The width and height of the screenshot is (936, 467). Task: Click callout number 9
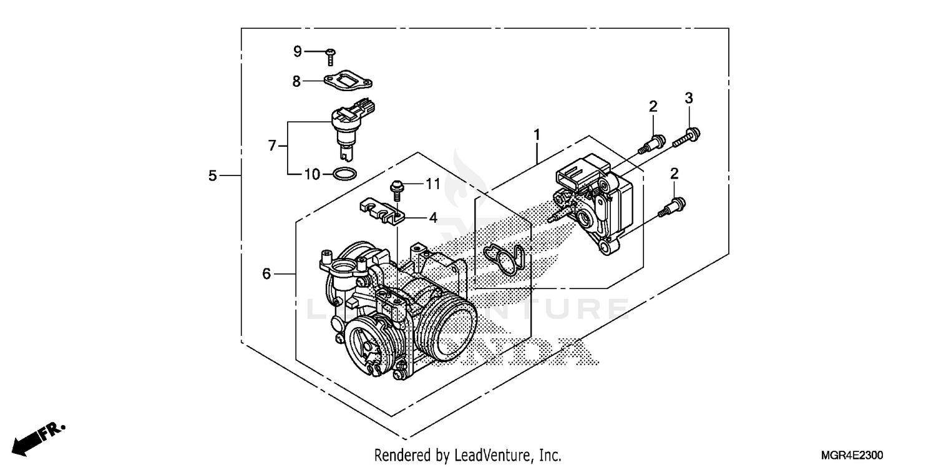pos(298,51)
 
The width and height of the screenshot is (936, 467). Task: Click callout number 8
pos(297,81)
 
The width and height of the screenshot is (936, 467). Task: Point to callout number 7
pos(272,145)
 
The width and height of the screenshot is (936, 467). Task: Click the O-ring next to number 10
pos(345,174)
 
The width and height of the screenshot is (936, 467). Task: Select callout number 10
pos(312,174)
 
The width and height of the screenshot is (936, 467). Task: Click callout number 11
pos(433,184)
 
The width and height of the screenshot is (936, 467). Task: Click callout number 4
pos(433,219)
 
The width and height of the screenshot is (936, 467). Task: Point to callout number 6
pos(266,273)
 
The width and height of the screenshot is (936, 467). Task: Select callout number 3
pos(689,98)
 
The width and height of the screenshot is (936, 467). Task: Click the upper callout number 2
pos(653,107)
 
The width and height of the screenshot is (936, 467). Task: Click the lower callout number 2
pos(675,173)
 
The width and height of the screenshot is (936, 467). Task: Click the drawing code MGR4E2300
pos(857,455)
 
